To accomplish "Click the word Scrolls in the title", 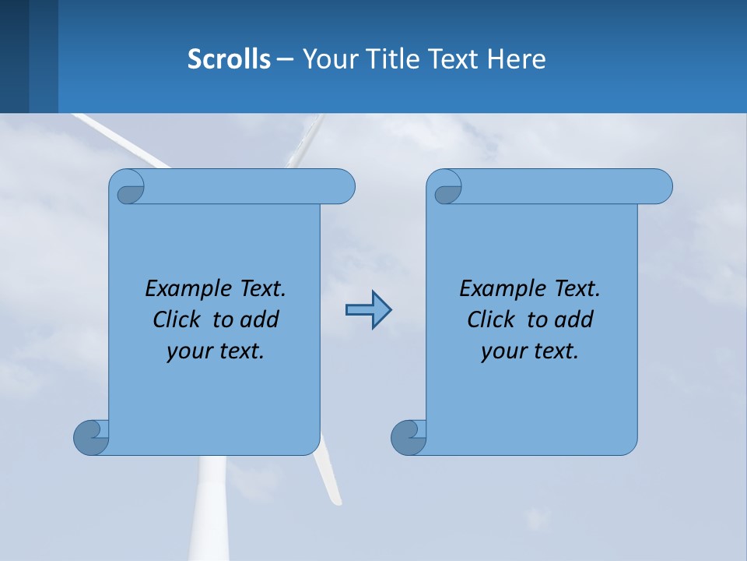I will (230, 59).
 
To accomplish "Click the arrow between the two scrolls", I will (368, 310).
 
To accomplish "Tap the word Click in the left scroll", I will (179, 319).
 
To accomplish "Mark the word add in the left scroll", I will (261, 319).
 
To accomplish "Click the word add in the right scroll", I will (575, 319).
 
